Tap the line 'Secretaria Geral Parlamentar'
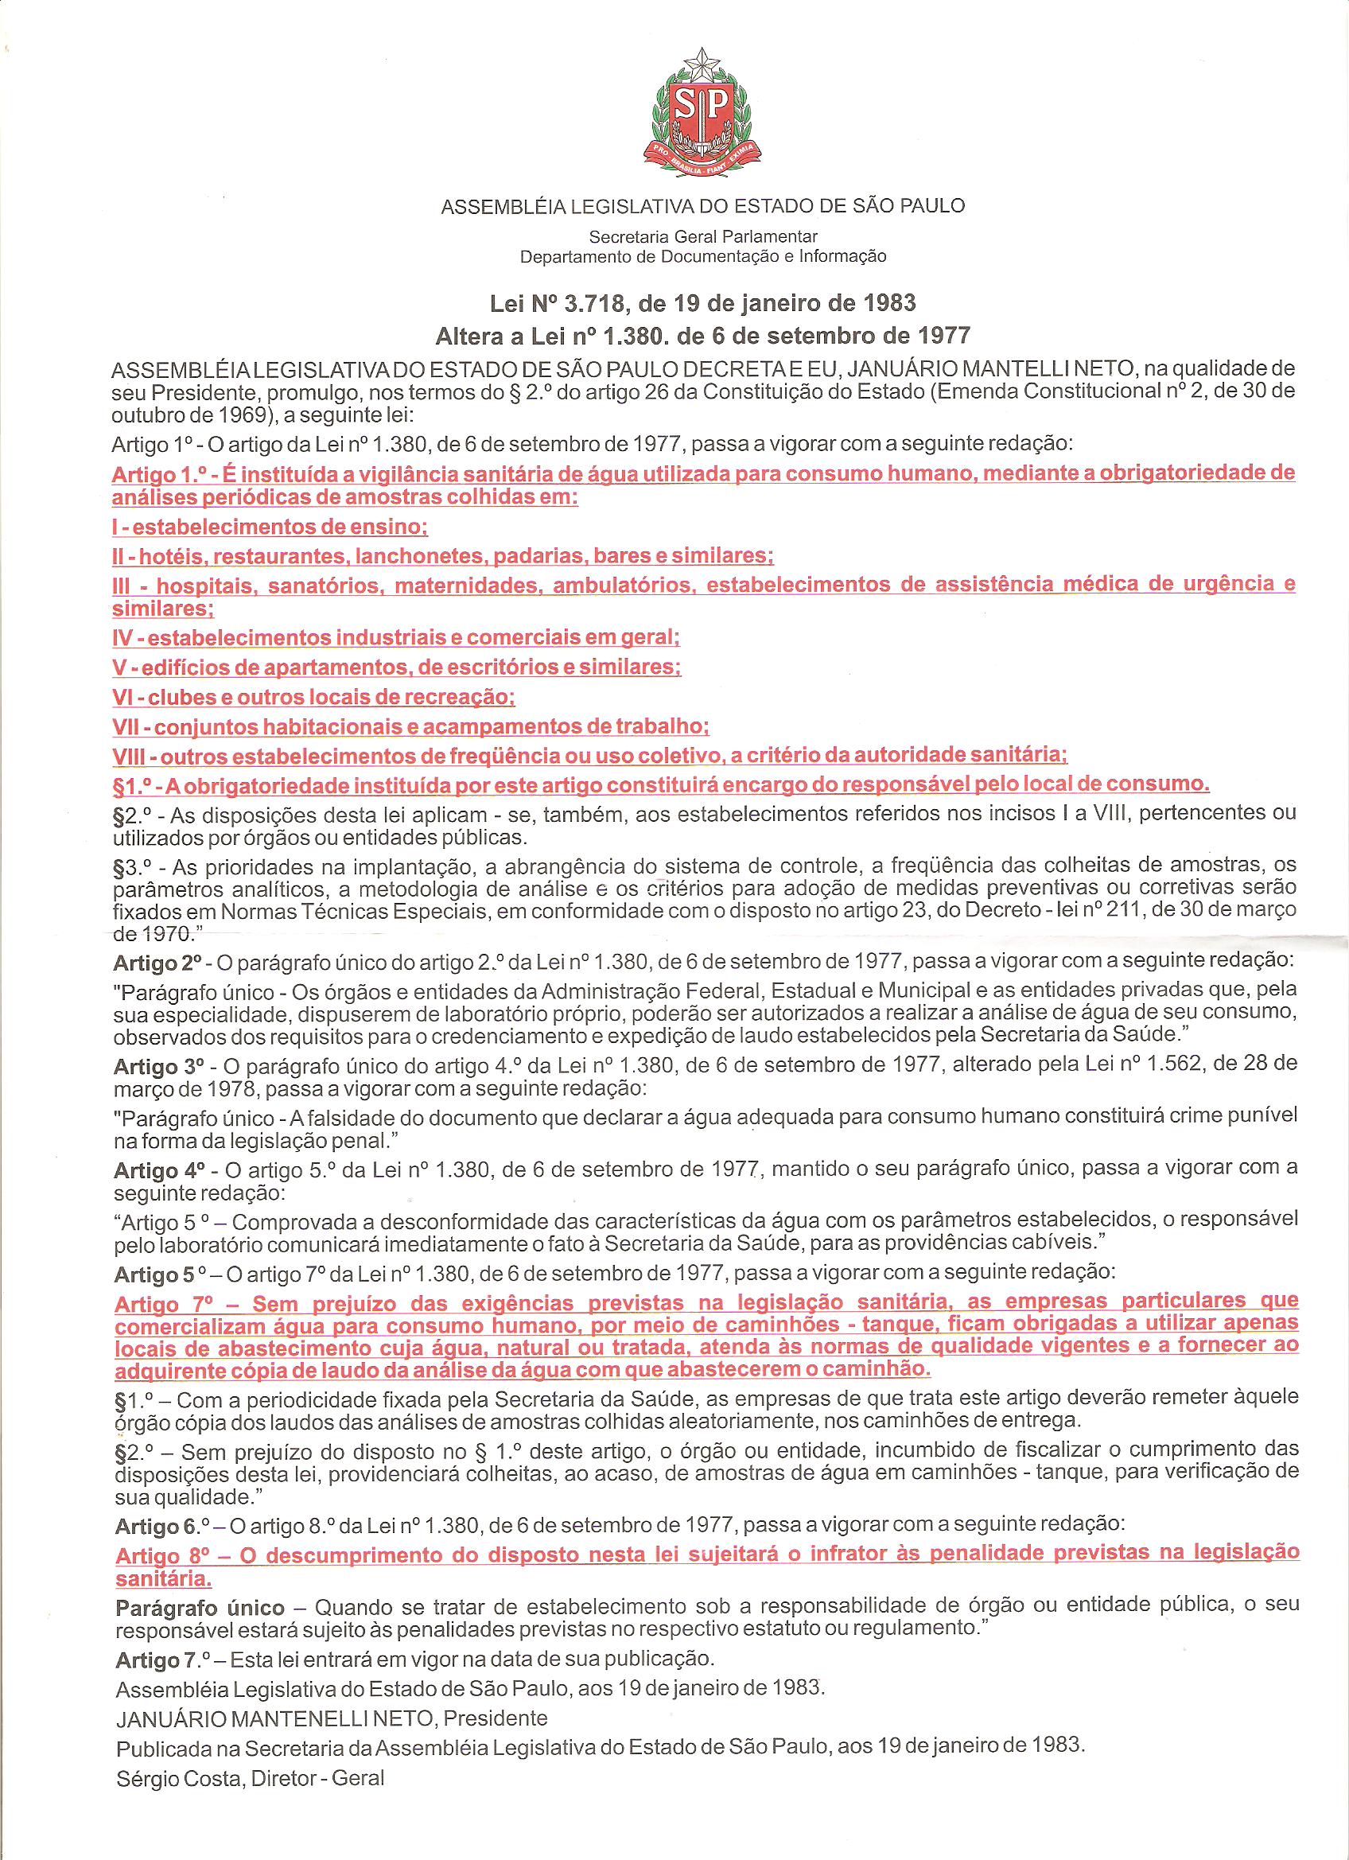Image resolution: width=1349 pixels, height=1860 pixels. coord(704,237)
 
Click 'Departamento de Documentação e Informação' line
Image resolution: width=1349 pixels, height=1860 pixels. coord(704,257)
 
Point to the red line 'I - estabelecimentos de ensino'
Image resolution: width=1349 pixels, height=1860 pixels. coord(270,526)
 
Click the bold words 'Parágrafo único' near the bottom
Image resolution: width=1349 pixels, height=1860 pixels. coord(200,1609)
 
